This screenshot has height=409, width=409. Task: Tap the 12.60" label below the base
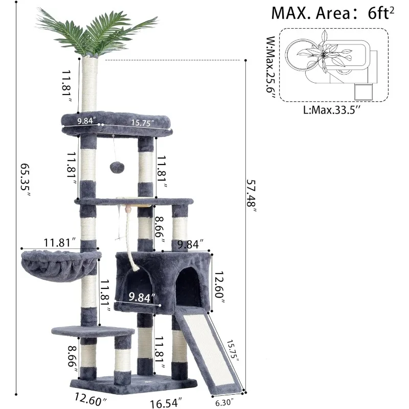coord(90,398)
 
